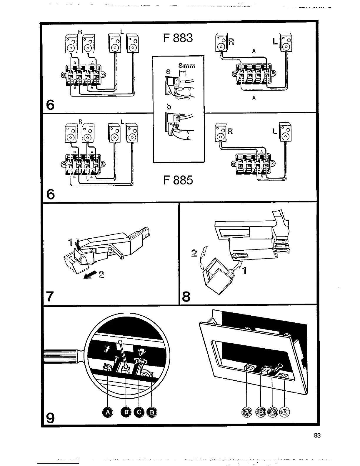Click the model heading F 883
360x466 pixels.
click(x=178, y=38)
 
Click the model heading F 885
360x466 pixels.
click(x=178, y=180)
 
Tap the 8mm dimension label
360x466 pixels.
click(x=187, y=66)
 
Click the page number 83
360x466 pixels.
click(x=317, y=436)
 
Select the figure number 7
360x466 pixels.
click(x=50, y=297)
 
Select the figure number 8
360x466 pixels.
click(x=186, y=297)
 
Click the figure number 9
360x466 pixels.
click(x=50, y=417)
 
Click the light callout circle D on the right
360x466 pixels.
click(x=284, y=412)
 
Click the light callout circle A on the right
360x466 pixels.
click(x=246, y=412)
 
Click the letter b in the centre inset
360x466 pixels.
click(x=169, y=106)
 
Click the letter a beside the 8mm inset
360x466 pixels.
click(x=168, y=71)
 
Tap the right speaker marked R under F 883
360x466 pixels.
click(x=221, y=43)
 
